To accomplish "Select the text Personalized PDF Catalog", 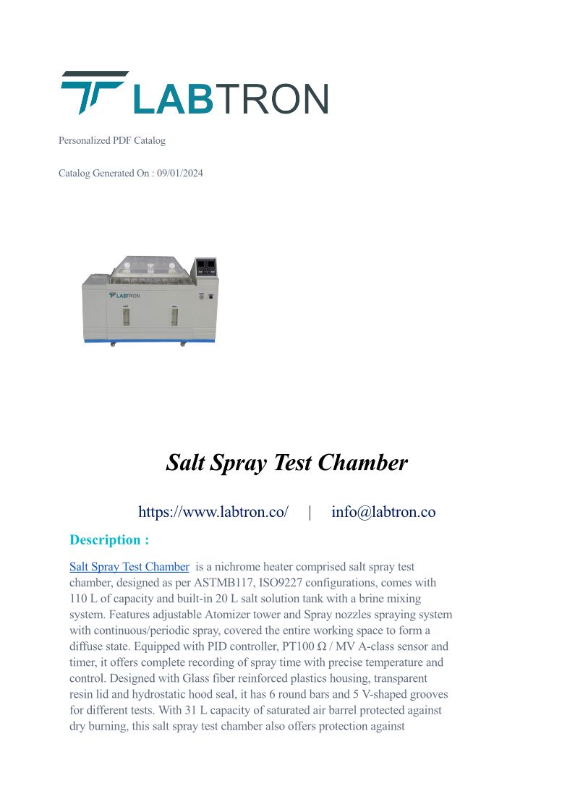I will pyautogui.click(x=112, y=140).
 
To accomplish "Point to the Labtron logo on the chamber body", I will pyautogui.click(x=124, y=295).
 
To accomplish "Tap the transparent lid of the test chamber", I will pyautogui.click(x=150, y=268).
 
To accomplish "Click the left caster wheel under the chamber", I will pyautogui.click(x=112, y=345).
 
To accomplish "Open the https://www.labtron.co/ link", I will pyautogui.click(x=213, y=512).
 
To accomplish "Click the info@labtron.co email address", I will pyautogui.click(x=383, y=512).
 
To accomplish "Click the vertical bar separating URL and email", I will pyautogui.click(x=310, y=512).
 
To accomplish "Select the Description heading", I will pyautogui.click(x=109, y=539).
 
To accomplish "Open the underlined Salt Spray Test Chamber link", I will pyautogui.click(x=129, y=567).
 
